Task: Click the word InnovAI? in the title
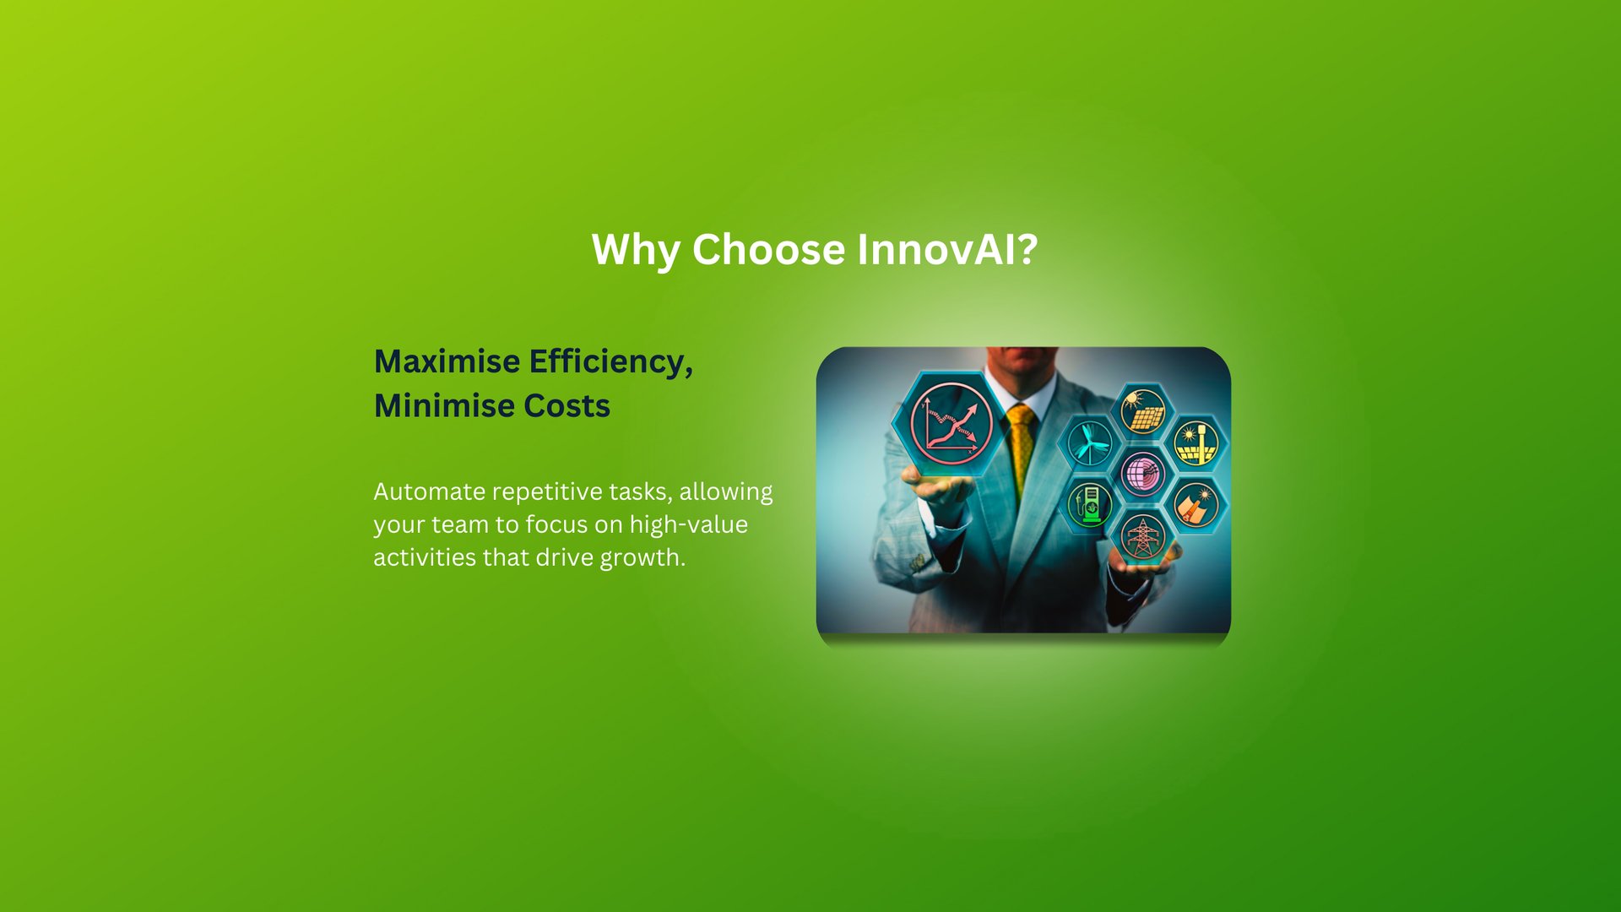[x=947, y=249]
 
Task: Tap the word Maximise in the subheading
[x=447, y=361]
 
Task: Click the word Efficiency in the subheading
[x=611, y=362]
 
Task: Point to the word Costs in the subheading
[x=567, y=405]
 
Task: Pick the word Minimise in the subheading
[x=444, y=405]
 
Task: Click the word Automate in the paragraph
[x=430, y=491]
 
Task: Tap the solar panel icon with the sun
[x=1142, y=410]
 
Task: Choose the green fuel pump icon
[x=1089, y=505]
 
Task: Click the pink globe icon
[x=1142, y=473]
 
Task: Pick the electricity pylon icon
[x=1142, y=537]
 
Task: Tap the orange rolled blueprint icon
[x=1195, y=505]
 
